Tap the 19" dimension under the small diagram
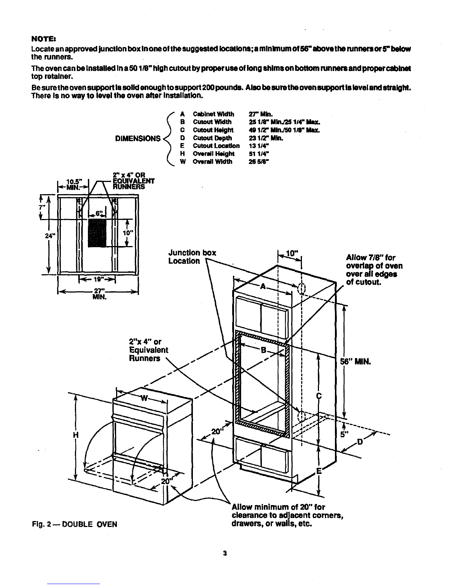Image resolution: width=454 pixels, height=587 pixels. coord(97,280)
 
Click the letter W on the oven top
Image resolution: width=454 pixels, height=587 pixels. coord(144,398)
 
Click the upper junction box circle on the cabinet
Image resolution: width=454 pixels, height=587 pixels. coord(302,288)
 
